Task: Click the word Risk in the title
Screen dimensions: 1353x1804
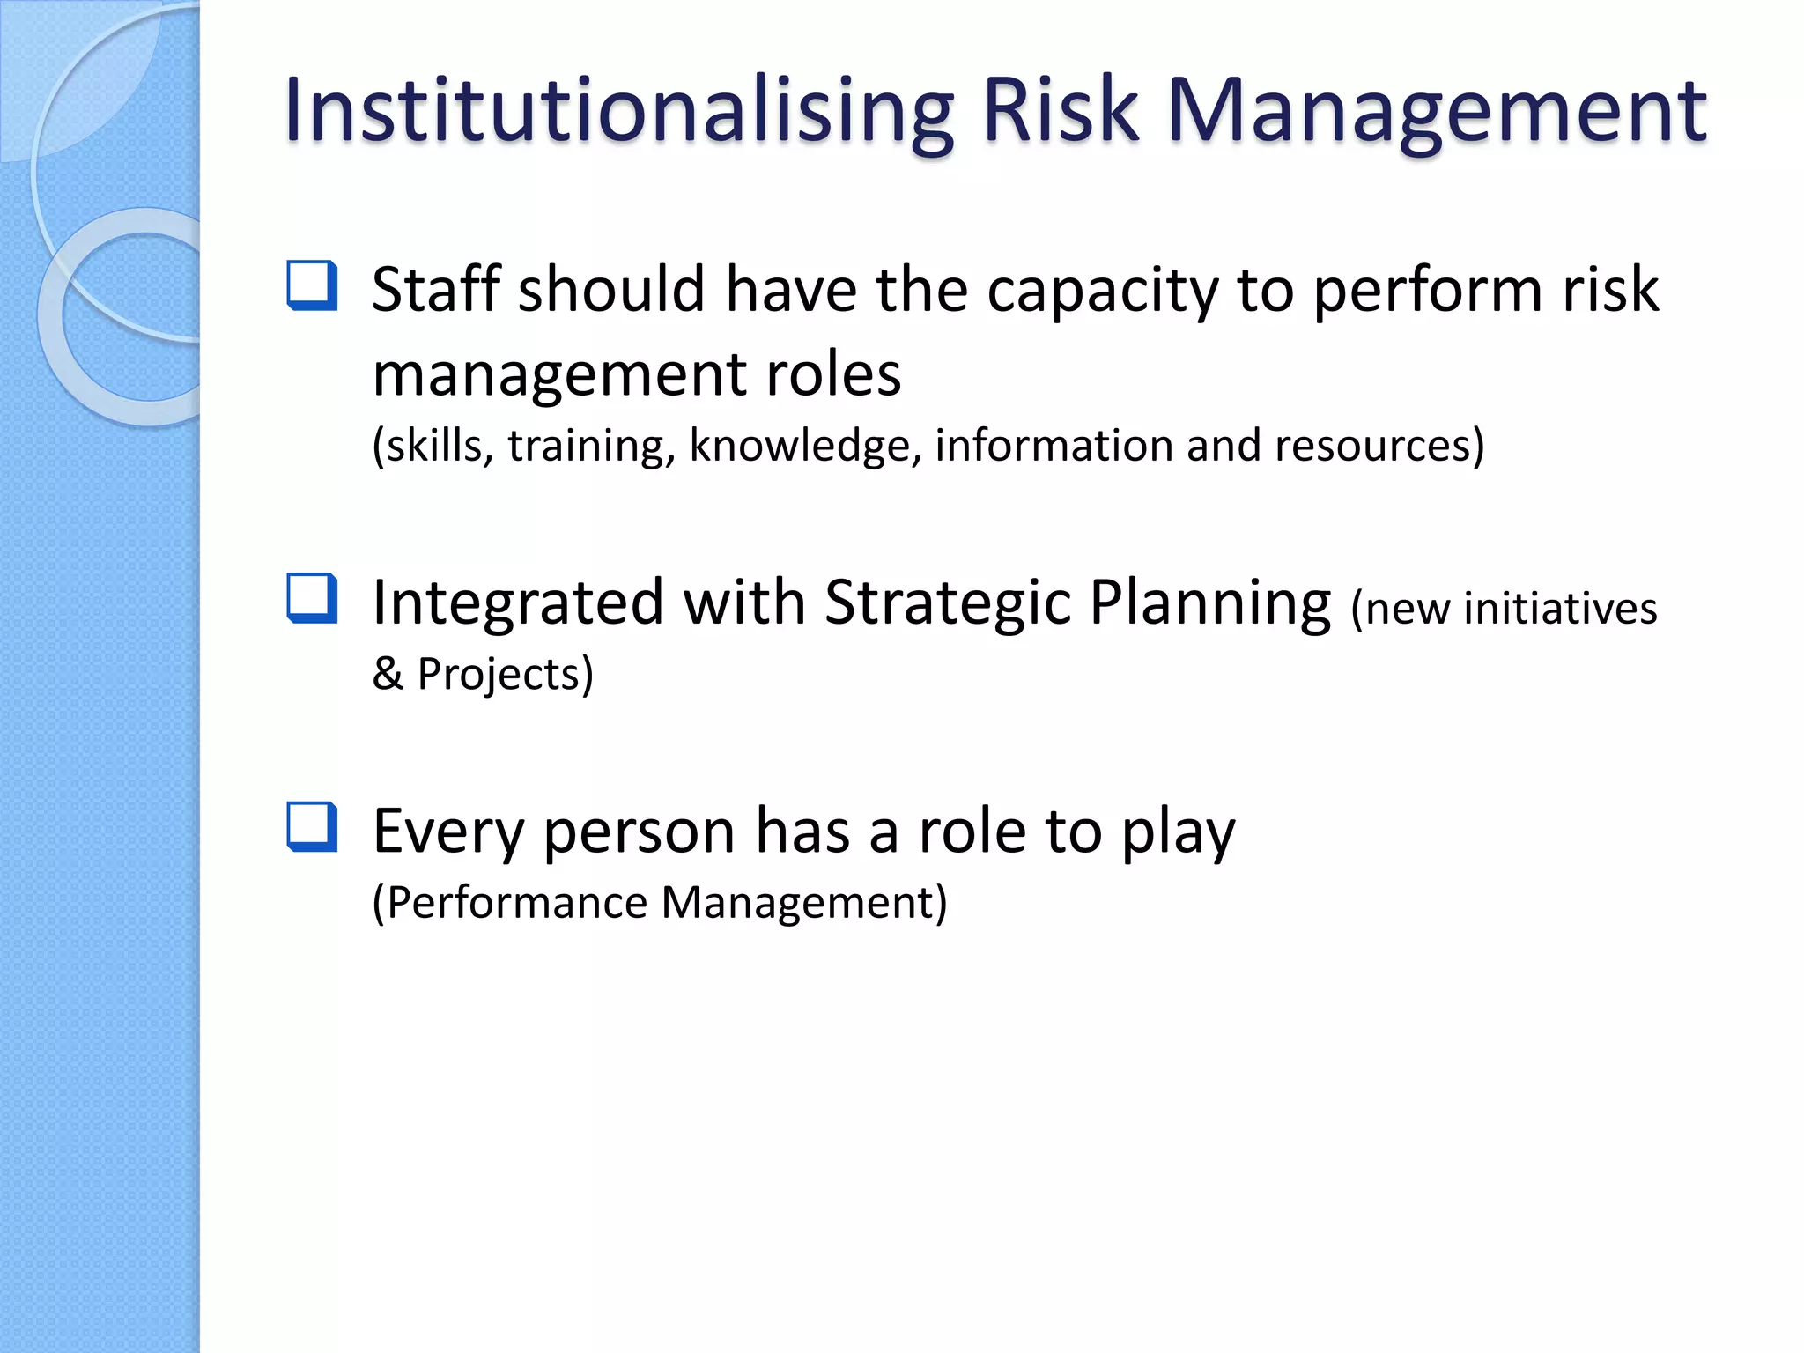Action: coord(1060,111)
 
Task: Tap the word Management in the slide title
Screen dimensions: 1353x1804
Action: coord(1436,111)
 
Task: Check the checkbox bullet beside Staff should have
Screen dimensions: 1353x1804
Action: coord(312,285)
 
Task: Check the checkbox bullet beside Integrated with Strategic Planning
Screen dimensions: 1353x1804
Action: coord(312,598)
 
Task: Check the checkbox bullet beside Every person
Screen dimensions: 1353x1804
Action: coord(312,826)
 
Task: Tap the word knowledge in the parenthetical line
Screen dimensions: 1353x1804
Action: coord(805,446)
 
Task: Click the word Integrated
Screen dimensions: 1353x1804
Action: coord(518,604)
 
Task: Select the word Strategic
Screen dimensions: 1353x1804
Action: coord(948,604)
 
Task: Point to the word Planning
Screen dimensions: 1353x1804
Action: coord(1210,604)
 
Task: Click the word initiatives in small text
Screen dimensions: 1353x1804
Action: coord(1560,610)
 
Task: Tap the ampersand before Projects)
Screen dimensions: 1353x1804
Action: coord(388,675)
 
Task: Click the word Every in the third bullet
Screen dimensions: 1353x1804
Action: coord(448,832)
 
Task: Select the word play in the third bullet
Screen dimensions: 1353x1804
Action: coord(1178,832)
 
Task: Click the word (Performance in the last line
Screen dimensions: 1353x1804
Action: coord(511,903)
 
